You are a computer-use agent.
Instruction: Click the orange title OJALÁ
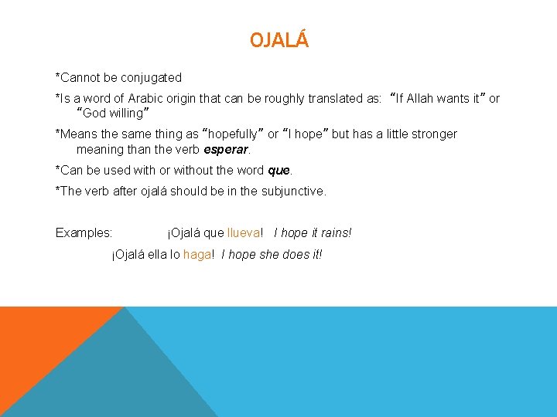278,40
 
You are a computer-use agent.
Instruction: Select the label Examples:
84,232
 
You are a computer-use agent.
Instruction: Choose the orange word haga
197,254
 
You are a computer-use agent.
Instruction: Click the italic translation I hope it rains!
313,232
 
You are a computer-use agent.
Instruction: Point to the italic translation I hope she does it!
272,254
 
